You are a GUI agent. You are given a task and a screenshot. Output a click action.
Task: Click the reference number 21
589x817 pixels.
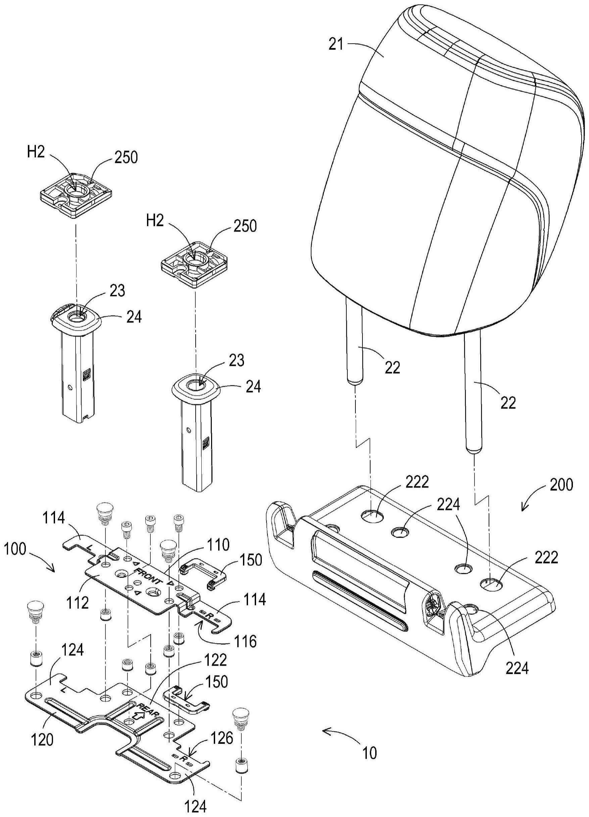pos(336,45)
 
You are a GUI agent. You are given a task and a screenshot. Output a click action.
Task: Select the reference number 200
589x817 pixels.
pos(561,485)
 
